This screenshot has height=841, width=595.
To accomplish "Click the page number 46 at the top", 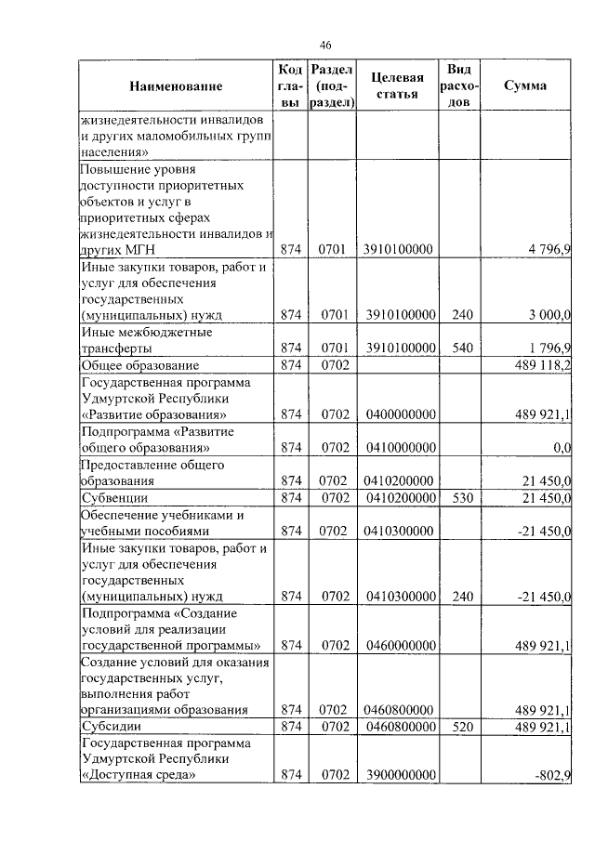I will (325, 45).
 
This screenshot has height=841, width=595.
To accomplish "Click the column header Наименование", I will (177, 86).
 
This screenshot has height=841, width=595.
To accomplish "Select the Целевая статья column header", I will (397, 86).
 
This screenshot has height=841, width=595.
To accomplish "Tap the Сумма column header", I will (525, 86).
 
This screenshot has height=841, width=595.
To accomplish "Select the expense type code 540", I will (462, 348).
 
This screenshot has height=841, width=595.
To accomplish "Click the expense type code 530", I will (462, 499).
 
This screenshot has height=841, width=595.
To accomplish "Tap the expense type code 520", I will (462, 726).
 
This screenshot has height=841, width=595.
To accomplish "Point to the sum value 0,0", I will (561, 448).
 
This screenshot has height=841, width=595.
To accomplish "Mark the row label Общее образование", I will (136, 366).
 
